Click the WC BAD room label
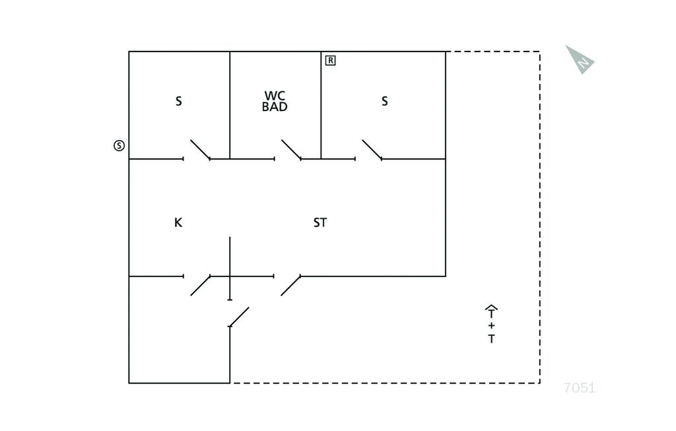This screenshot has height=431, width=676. click(275, 101)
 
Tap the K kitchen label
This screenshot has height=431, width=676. click(178, 222)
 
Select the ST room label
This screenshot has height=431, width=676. click(320, 222)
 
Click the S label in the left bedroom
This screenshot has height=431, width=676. click(178, 101)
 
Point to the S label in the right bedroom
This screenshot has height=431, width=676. click(385, 101)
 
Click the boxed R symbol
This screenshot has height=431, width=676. click(330, 60)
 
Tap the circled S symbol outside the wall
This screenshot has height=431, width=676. click(119, 145)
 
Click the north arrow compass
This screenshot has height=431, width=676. click(580, 59)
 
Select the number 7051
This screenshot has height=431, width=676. click(580, 388)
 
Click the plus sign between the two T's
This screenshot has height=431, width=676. click(491, 326)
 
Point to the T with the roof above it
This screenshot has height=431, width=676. click(491, 311)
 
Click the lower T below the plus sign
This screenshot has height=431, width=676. click(491, 339)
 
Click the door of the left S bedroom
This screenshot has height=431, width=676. click(200, 149)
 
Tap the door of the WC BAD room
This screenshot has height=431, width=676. click(291, 149)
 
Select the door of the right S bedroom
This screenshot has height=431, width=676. click(372, 149)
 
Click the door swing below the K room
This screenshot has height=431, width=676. click(200, 286)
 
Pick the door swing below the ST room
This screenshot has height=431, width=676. click(290, 286)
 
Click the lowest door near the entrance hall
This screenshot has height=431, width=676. click(238, 317)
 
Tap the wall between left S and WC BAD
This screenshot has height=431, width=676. click(230, 105)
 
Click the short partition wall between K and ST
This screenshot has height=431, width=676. click(230, 268)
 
